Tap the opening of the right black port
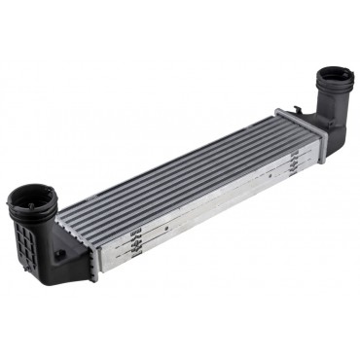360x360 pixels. [337, 79]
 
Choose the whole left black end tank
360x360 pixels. [39, 234]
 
